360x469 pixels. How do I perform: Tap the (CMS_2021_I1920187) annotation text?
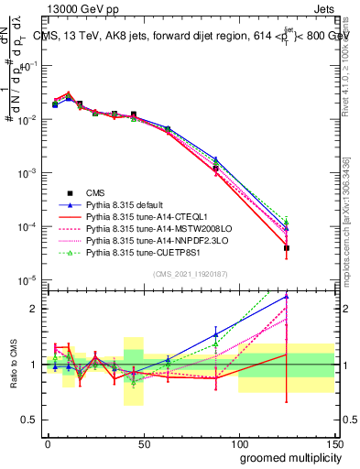click(191, 273)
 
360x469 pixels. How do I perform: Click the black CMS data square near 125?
click(287, 248)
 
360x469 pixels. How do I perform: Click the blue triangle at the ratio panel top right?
click(287, 296)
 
